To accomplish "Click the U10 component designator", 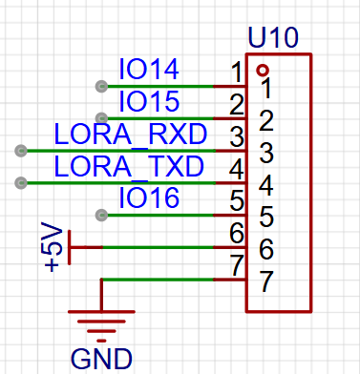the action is (x=273, y=37).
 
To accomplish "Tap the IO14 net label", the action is (x=149, y=69).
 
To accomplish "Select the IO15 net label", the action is (x=149, y=101).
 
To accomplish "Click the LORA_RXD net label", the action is (x=131, y=135).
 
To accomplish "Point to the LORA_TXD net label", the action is (x=129, y=166).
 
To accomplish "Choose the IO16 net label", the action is (x=149, y=197).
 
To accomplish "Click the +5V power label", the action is (x=53, y=247).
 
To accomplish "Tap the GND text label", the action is (x=101, y=359).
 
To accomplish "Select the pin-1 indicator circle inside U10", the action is (x=263, y=71).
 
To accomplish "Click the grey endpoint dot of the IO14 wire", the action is (x=101, y=86).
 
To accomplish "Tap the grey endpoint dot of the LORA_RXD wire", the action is (x=21, y=151).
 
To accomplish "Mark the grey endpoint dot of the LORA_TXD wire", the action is (x=21, y=183).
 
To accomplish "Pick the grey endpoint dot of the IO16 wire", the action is (x=101, y=216).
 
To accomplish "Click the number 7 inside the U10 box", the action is (x=266, y=281).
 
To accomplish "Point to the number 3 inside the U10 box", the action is (x=266, y=153).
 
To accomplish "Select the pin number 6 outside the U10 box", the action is (x=237, y=233).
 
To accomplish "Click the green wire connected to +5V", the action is (x=158, y=247).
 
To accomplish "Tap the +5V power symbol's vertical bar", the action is (x=70, y=247).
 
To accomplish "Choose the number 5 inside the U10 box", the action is (x=266, y=217).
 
